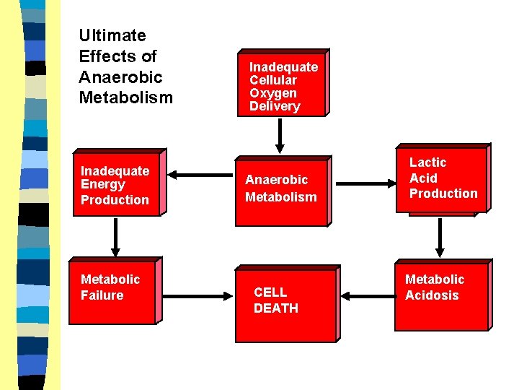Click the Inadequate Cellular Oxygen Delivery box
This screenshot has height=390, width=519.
282,84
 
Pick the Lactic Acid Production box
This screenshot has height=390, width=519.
441,178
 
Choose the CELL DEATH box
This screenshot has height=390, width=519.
285,303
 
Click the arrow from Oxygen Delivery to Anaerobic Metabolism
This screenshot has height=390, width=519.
280,134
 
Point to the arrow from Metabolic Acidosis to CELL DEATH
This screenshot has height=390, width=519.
366,295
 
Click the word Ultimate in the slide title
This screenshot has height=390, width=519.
112,35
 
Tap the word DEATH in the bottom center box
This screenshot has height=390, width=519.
275,308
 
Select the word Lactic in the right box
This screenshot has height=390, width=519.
428,162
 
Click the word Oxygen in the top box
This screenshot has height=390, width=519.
273,93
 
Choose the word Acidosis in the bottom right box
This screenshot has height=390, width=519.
432,295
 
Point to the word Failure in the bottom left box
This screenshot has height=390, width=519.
102,295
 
